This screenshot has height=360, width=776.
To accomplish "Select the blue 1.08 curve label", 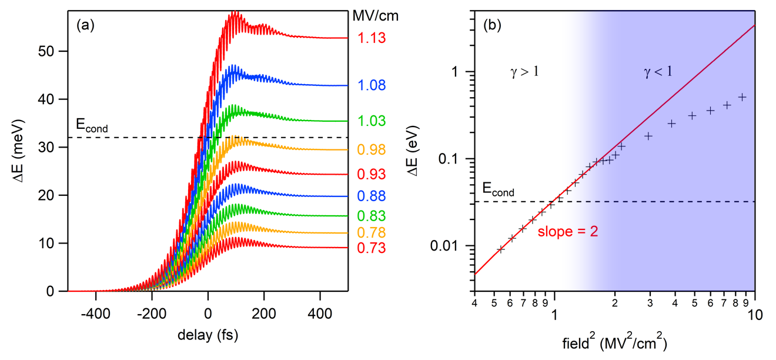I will pos(370,86).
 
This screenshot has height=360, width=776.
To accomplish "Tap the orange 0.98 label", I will pos(370,150).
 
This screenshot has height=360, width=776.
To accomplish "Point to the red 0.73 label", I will pos(370,248).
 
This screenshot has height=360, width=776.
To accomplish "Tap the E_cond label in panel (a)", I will pos(92,125).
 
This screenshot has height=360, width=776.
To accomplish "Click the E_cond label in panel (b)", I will pos(498,190).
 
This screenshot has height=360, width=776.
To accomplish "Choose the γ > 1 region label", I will pos(524,72).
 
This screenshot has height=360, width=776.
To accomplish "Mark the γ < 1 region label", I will pos(658,72).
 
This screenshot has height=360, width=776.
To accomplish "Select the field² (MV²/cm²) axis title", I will pos(614,342).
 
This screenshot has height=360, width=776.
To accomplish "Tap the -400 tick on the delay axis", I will pos(95,307).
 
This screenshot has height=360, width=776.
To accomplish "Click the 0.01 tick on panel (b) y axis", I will pos(455,246).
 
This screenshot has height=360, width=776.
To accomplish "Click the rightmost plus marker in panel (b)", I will pos(742,97).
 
